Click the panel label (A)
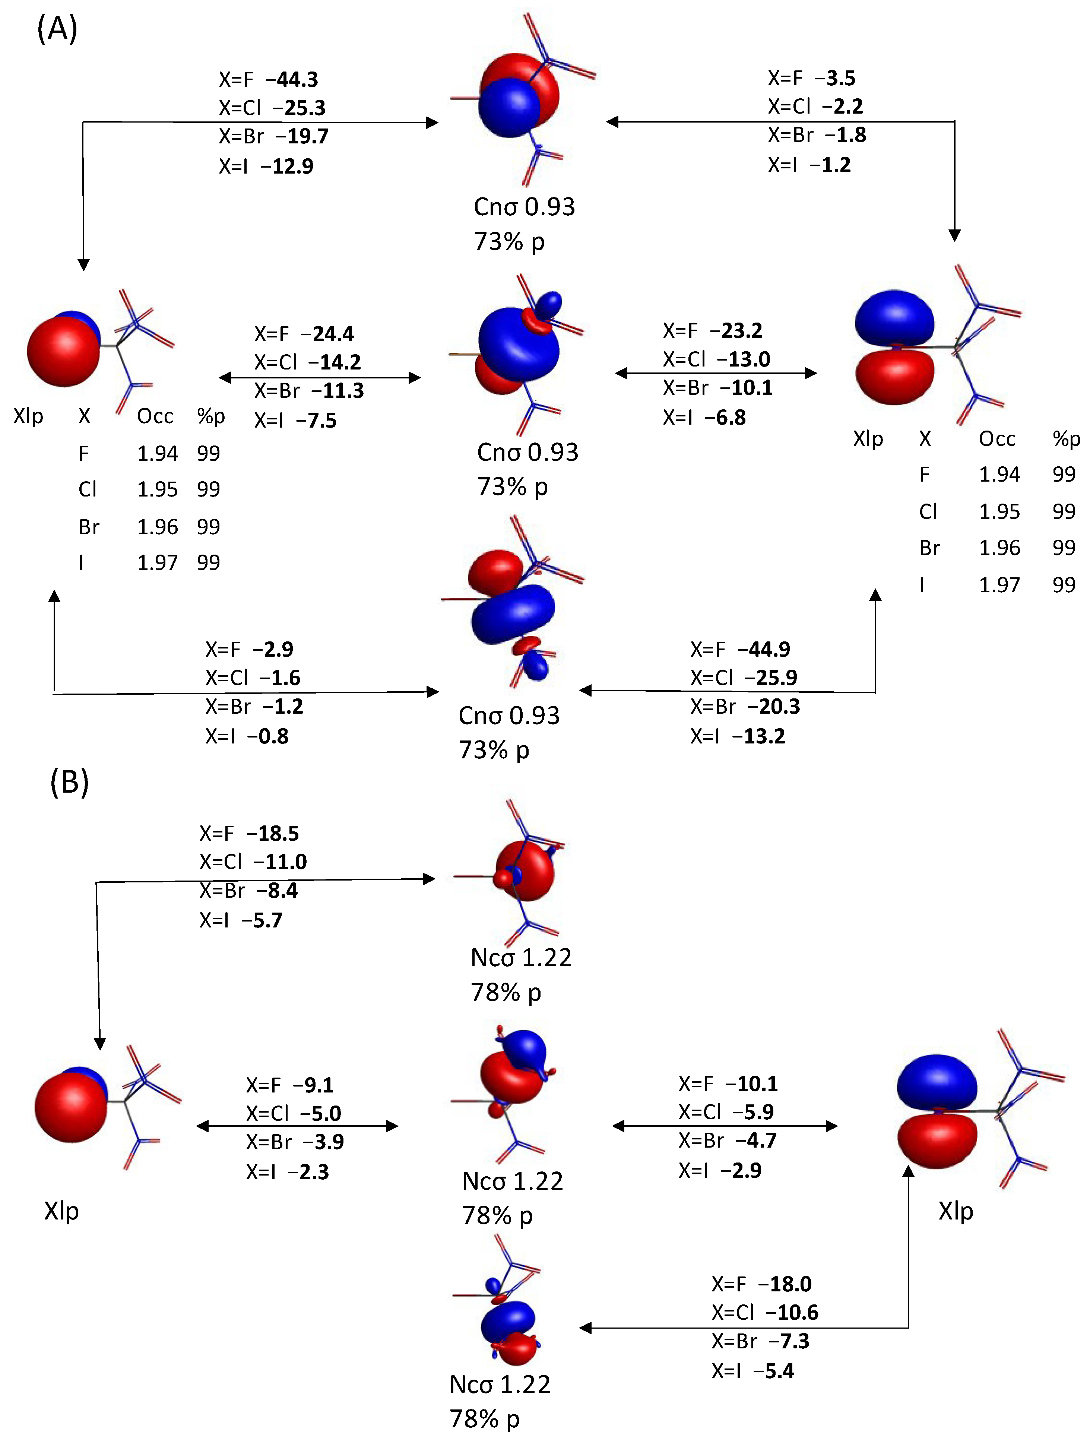57,29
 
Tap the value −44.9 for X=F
763,649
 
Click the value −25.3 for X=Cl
300,107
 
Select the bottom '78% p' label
484,1418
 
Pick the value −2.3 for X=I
309,1172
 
